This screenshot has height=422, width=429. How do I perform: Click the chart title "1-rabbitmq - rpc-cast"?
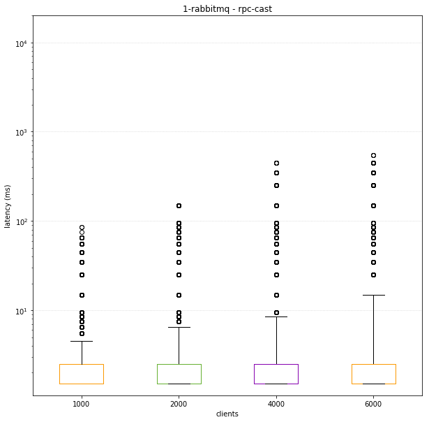click(x=227, y=9)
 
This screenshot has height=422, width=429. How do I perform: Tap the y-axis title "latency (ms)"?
click(x=8, y=206)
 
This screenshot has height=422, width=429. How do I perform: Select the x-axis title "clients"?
click(x=227, y=414)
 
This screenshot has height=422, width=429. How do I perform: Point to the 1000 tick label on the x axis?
click(x=82, y=403)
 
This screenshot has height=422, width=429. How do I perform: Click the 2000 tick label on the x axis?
click(x=179, y=403)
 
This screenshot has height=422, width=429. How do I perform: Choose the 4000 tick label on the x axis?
click(x=276, y=403)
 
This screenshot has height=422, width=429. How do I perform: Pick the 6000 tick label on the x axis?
click(x=373, y=403)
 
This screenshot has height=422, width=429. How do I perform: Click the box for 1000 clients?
click(x=82, y=374)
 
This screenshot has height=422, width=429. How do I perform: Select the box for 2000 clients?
click(x=179, y=374)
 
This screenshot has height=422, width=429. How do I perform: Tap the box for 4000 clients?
click(x=276, y=374)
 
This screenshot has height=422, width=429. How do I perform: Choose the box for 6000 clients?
click(x=373, y=374)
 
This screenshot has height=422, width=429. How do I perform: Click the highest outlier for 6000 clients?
click(x=373, y=155)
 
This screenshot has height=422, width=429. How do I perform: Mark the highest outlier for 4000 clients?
click(x=276, y=163)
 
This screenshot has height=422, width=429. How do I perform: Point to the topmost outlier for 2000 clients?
click(x=179, y=205)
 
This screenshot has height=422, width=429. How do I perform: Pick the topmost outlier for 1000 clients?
click(x=82, y=228)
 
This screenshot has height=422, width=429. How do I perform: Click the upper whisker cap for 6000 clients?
click(x=373, y=295)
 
